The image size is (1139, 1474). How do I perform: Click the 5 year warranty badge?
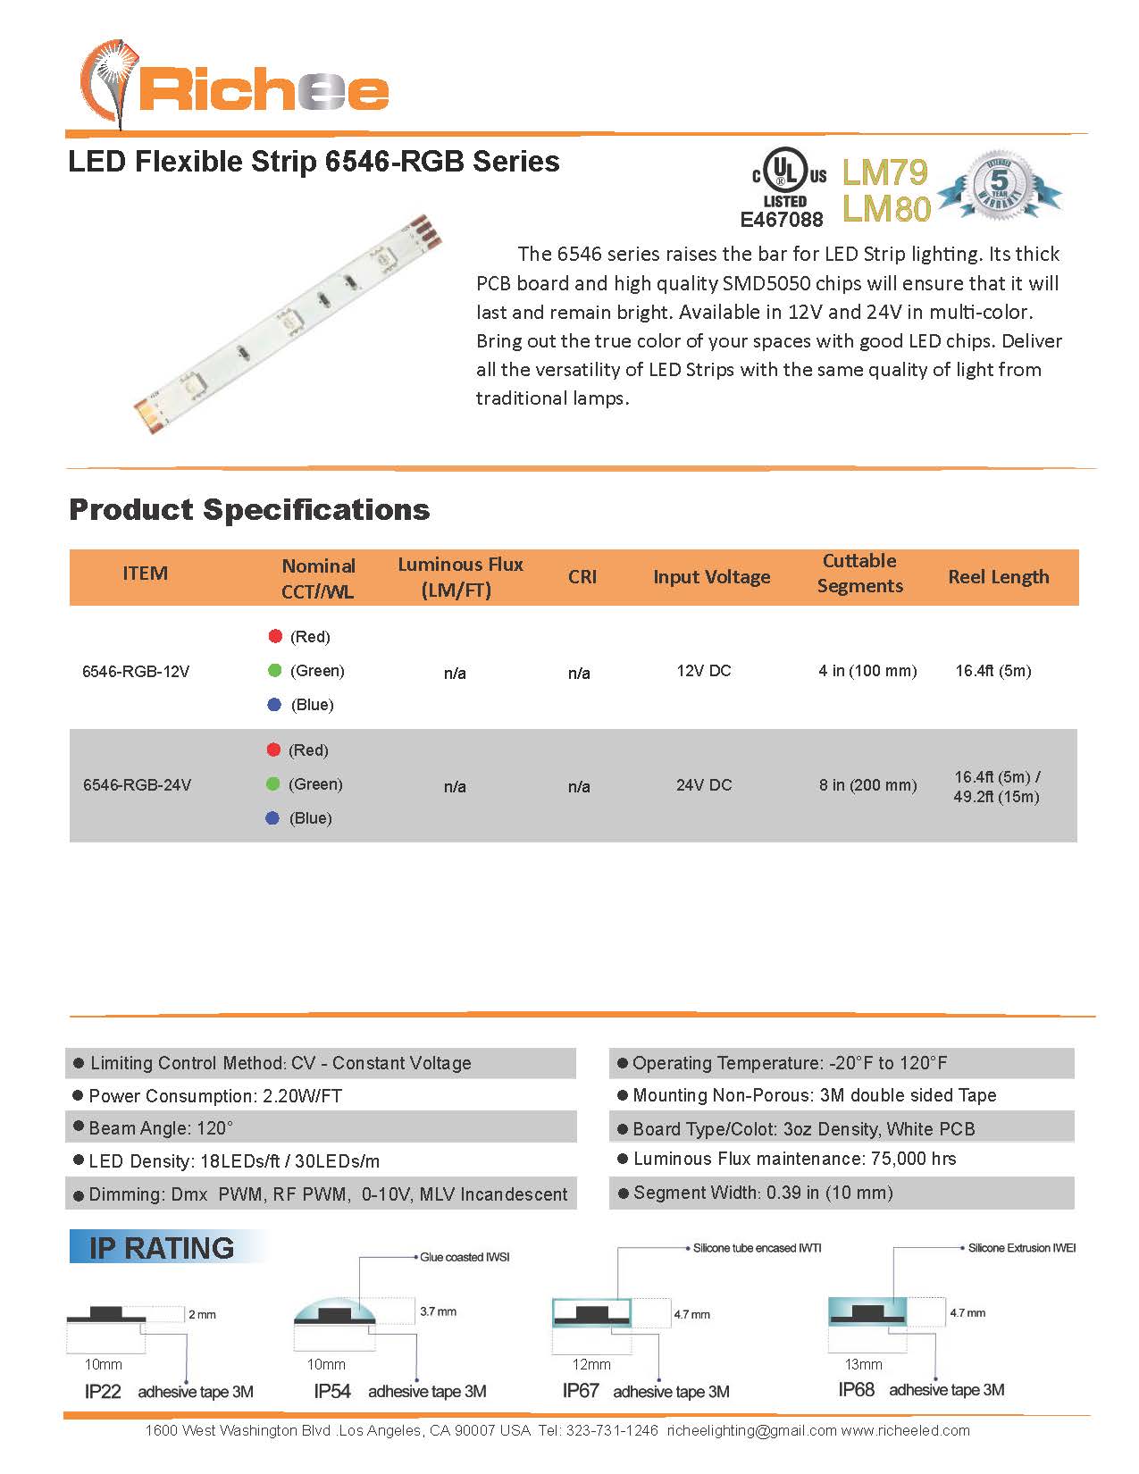click(1000, 185)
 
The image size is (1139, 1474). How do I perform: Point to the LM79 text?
click(884, 172)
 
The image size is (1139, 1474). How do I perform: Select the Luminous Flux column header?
click(459, 577)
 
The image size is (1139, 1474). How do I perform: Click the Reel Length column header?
click(998, 577)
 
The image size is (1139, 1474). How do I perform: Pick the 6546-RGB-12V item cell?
click(136, 672)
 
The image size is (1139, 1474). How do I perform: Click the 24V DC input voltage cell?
click(704, 785)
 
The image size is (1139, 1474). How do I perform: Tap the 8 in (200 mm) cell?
click(867, 785)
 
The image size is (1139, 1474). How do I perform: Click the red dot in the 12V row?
click(275, 636)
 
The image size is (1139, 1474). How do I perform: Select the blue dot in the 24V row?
click(273, 818)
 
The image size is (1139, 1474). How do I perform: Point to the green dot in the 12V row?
click(275, 670)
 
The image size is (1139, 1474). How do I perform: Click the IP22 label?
click(103, 1392)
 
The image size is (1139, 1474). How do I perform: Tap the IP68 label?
click(856, 1390)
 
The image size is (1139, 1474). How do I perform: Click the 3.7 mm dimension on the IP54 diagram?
click(438, 1311)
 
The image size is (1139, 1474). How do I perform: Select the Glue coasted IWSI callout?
click(465, 1257)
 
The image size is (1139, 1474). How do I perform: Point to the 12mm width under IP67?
click(591, 1364)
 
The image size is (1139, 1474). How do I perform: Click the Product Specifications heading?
click(249, 509)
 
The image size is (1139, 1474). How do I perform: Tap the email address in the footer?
click(751, 1430)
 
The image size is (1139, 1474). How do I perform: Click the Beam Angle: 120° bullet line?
click(161, 1128)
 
